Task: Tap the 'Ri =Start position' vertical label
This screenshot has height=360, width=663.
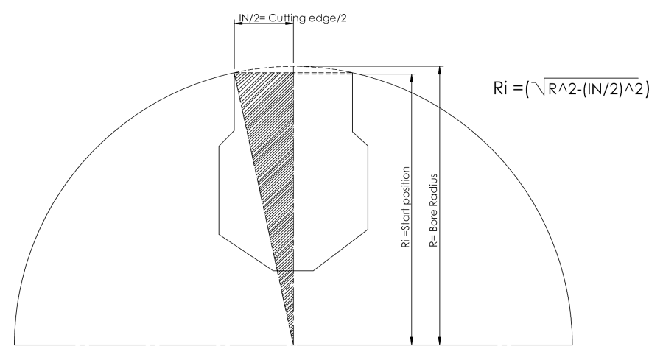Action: pos(406,207)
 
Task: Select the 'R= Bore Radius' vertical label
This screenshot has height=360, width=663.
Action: pos(433,211)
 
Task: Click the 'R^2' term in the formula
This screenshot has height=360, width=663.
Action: pos(561,89)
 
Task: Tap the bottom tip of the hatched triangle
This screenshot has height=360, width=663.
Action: pos(293,345)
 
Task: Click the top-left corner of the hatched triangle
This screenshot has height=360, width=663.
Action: pos(234,74)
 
